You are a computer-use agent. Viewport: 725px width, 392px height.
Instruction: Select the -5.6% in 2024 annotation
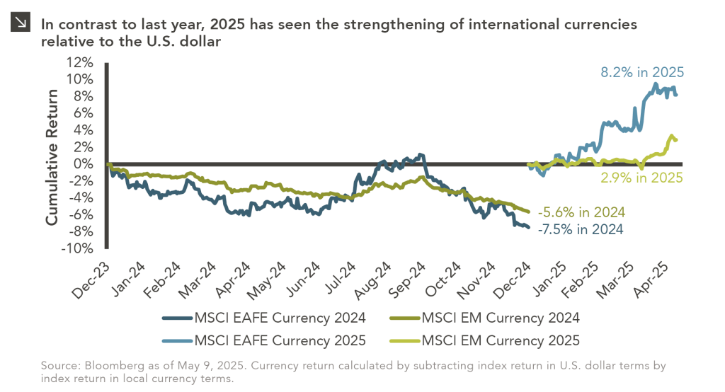pyautogui.click(x=582, y=212)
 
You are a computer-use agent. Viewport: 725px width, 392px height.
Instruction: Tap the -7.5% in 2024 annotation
pyautogui.click(x=581, y=229)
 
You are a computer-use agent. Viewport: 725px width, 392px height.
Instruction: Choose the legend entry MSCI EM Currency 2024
pyautogui.click(x=501, y=318)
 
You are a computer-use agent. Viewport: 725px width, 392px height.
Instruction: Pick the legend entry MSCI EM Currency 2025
pyautogui.click(x=501, y=340)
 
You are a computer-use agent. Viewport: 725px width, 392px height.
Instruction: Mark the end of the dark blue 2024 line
pyautogui.click(x=528, y=227)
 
